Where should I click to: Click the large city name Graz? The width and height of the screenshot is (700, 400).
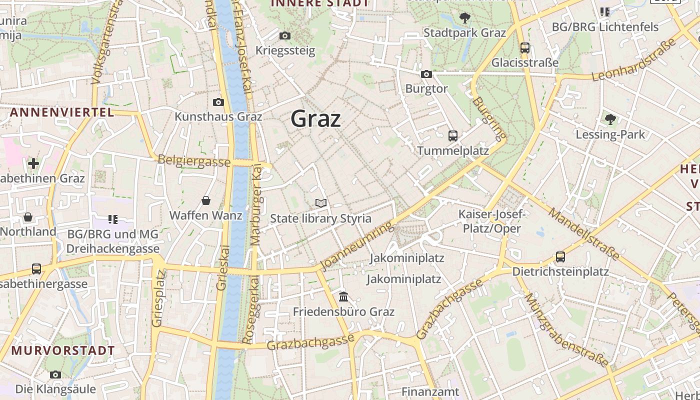pos(315,119)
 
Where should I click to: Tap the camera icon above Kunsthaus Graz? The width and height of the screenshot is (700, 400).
pos(218,102)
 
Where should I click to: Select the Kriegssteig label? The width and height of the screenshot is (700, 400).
pos(285,50)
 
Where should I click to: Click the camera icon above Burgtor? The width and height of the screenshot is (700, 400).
pos(426,74)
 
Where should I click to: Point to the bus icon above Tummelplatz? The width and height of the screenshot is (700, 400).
pos(453,136)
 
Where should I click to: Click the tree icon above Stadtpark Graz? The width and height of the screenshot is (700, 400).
pos(465,18)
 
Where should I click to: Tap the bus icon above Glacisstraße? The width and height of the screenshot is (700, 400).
pos(524,48)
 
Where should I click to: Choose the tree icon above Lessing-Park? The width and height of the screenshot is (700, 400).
pos(610,119)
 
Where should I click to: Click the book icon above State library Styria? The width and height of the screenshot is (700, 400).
pos(321,203)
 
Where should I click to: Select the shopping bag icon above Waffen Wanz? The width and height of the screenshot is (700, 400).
pos(206,201)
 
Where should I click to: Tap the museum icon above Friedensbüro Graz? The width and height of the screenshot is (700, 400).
pos(343,297)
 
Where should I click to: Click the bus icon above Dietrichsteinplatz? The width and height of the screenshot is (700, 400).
pos(560,257)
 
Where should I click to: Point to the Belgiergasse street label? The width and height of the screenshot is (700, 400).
pos(194,161)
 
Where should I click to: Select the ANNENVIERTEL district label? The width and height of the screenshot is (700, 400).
pos(62,112)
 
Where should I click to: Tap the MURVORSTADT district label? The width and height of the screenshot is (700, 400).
pos(63,350)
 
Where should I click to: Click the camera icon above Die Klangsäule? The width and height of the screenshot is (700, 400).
pos(55,374)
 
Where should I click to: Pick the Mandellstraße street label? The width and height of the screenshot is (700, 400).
pos(583,234)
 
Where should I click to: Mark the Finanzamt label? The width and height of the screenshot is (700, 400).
pos(430,391)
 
